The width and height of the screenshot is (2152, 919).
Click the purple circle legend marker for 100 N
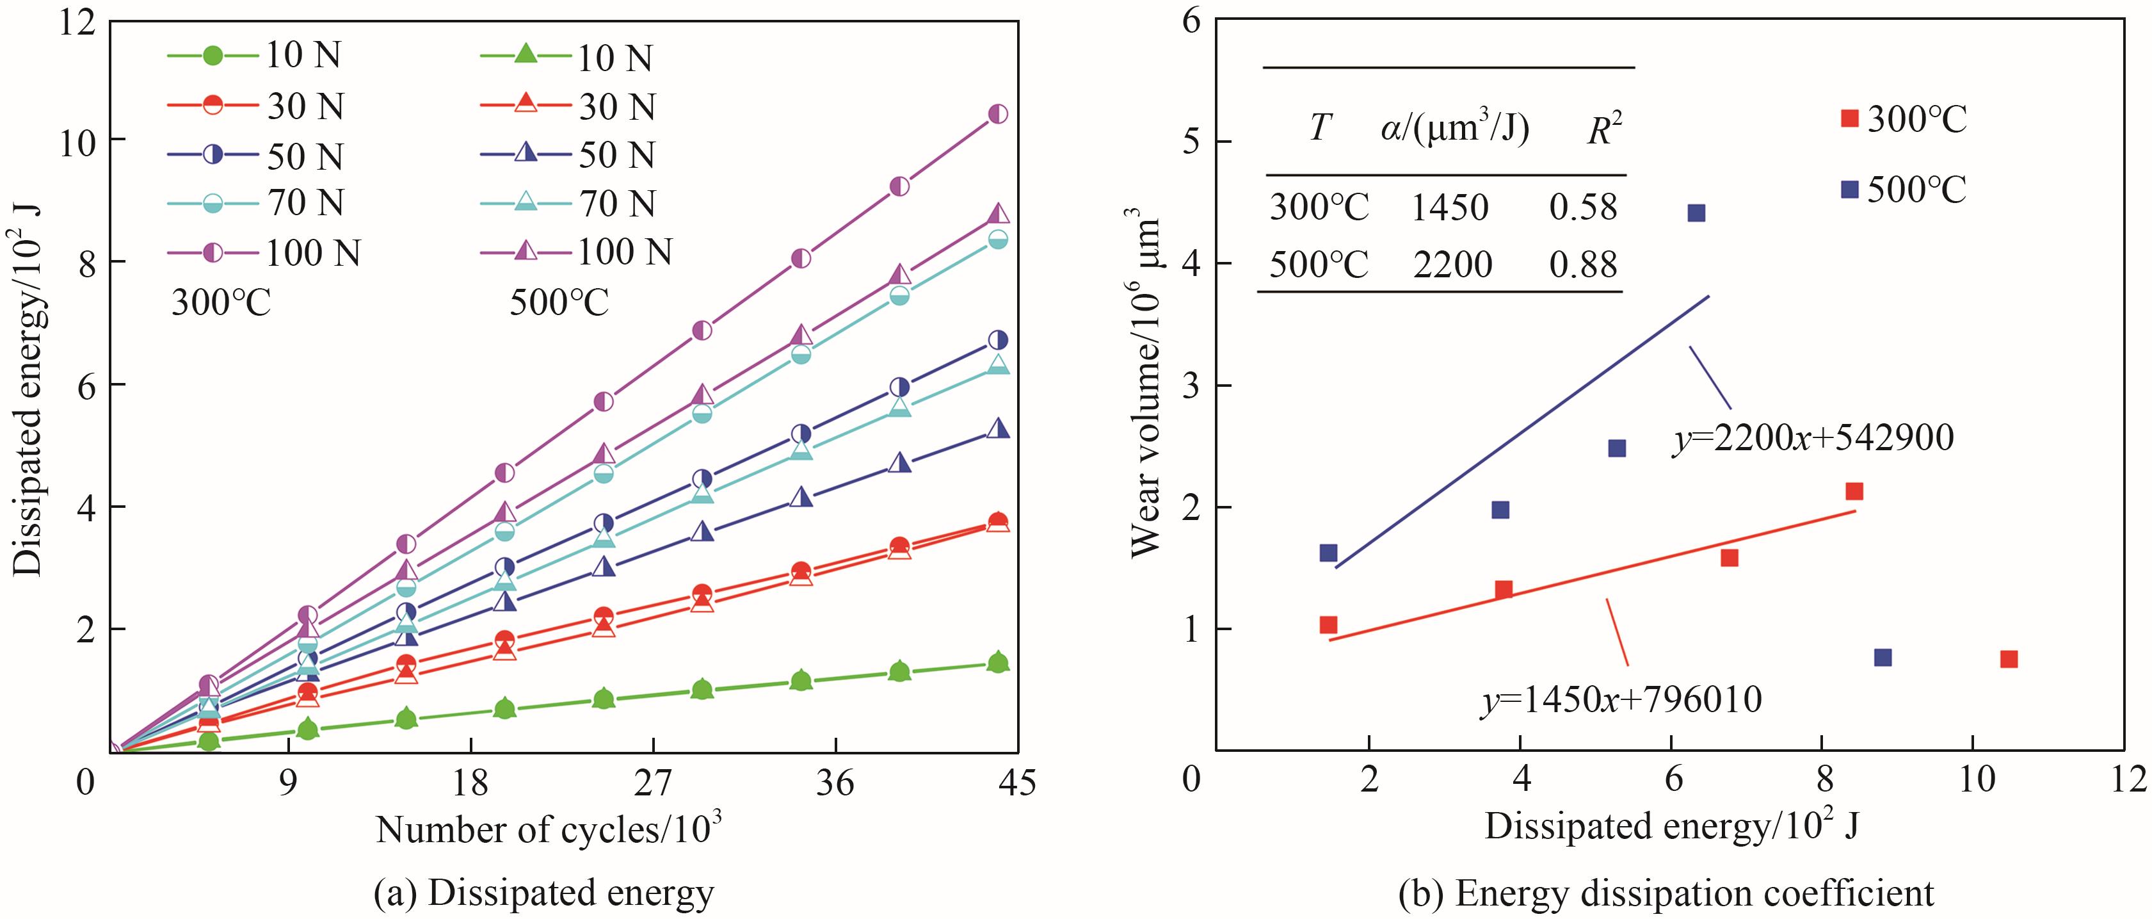coord(214,252)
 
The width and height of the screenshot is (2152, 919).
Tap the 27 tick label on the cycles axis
coord(652,784)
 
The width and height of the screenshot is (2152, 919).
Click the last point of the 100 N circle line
coord(997,113)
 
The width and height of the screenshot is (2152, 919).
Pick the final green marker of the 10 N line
coord(997,663)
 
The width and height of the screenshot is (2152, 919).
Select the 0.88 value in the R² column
coord(1583,265)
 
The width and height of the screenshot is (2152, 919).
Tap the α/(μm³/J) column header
coord(1454,129)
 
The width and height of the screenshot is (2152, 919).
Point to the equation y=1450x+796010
coord(1621,699)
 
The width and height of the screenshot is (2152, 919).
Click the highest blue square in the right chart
coord(1696,213)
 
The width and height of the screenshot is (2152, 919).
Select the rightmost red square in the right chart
coord(2009,659)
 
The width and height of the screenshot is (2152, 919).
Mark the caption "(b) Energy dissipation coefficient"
coord(1666,893)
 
